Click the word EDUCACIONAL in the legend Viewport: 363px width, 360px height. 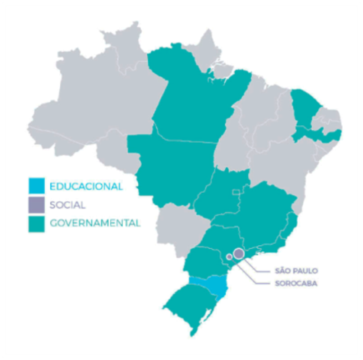coord(85,185)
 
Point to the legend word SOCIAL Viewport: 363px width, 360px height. coord(67,204)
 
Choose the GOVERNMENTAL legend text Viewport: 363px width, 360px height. coord(94,223)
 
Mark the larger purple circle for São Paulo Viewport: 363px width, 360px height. coord(238,253)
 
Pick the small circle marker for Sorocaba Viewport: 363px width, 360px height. coord(229,257)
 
